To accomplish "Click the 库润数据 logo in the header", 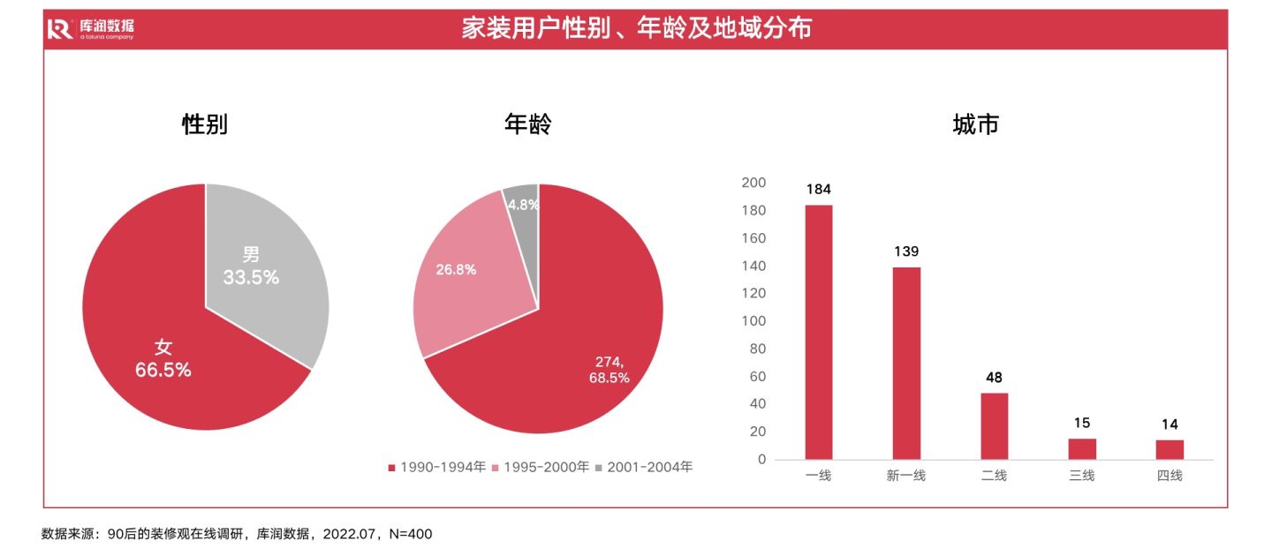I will [x=90, y=29].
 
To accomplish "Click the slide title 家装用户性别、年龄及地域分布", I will [x=636, y=29].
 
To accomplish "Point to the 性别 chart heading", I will [x=205, y=124].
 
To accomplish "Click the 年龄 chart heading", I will [x=527, y=124].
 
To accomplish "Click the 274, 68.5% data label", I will [x=609, y=370].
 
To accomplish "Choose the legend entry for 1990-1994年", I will [x=438, y=467].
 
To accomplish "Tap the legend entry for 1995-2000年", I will [x=541, y=467].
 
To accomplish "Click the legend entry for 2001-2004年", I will [x=645, y=467].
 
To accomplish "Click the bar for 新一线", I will [x=906, y=363].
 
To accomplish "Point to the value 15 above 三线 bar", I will [x=1082, y=424].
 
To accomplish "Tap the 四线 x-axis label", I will [x=1170, y=476].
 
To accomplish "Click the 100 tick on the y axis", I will [x=755, y=321].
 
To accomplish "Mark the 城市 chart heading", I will [x=975, y=124].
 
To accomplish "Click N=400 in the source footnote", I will [x=410, y=534].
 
